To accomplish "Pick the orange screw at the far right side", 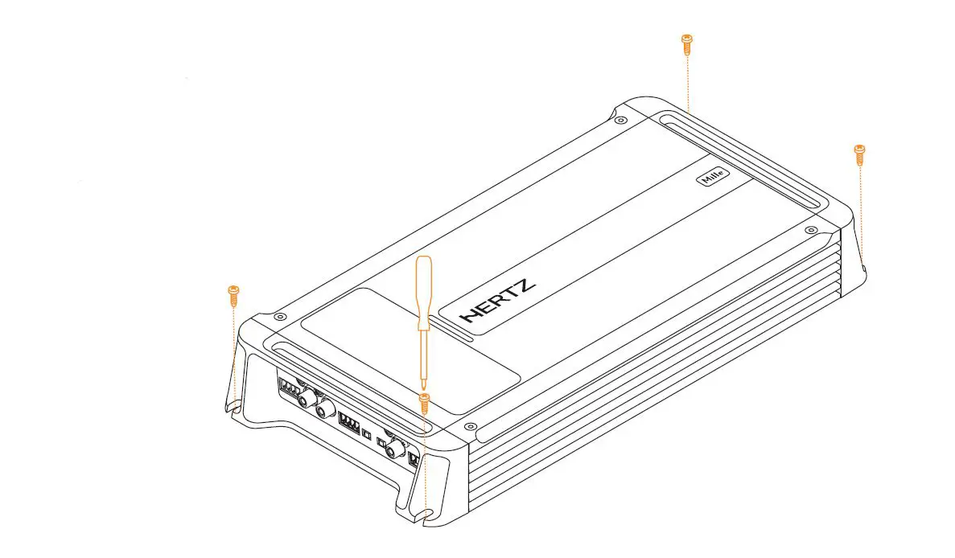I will tap(858, 153).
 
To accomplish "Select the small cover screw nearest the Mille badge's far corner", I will tap(618, 121).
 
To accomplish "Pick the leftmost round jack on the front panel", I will tap(306, 400).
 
